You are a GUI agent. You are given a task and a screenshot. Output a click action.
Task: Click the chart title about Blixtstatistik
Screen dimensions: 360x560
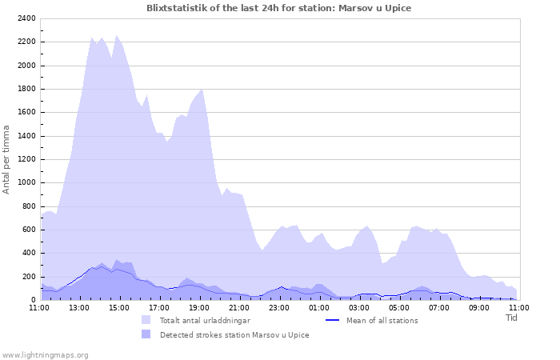pos(279,8)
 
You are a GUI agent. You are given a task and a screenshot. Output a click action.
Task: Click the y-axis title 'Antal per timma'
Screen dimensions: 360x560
pos(7,158)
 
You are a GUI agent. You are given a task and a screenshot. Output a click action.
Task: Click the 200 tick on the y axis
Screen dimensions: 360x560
pos(28,277)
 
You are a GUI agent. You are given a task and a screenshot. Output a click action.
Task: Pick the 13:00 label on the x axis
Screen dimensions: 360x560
pos(79,307)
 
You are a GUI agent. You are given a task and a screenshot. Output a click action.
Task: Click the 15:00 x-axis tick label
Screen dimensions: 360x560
pos(119,307)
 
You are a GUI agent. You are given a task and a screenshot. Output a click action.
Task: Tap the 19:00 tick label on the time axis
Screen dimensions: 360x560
pos(199,307)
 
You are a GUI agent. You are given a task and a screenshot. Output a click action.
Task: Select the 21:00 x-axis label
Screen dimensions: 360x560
pos(239,307)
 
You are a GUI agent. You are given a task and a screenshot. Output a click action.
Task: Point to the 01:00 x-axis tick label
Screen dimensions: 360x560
pos(319,307)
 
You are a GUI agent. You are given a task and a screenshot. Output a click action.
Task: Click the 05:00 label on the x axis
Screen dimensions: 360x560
pos(399,307)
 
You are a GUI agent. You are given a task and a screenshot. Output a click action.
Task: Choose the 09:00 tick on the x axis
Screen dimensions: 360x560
pos(479,307)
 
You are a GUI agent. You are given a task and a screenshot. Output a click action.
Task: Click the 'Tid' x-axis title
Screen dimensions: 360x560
pos(512,317)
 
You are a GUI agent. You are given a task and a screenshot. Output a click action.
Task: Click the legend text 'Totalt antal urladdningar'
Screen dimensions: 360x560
pos(205,321)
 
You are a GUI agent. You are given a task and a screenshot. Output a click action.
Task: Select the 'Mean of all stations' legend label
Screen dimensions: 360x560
pos(382,321)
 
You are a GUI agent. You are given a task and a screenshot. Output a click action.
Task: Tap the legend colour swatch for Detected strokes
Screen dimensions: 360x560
pos(146,334)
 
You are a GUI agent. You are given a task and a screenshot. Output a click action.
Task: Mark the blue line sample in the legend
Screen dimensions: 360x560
pos(334,321)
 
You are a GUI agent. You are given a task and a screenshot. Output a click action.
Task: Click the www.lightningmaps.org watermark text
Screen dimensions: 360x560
pos(45,354)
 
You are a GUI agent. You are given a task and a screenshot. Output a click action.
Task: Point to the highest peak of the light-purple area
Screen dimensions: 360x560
pos(117,35)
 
